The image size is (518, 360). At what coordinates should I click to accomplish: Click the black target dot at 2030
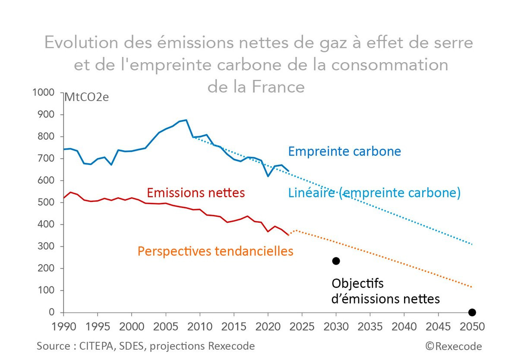[336, 261]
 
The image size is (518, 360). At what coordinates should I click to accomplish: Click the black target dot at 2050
[472, 312]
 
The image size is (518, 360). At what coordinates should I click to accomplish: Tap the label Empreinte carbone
[344, 152]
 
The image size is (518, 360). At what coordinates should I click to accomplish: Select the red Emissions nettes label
[196, 193]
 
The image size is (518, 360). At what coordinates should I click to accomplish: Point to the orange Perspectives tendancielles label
[215, 251]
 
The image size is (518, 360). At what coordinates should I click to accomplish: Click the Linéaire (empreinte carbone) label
[374, 193]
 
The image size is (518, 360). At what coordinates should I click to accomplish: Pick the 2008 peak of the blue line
[186, 120]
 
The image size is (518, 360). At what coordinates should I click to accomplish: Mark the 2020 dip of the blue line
[268, 176]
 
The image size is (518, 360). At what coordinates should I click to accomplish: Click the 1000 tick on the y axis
[43, 92]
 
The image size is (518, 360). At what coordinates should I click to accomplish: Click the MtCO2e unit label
[86, 97]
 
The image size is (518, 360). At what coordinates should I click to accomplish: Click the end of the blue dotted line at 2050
[472, 244]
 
